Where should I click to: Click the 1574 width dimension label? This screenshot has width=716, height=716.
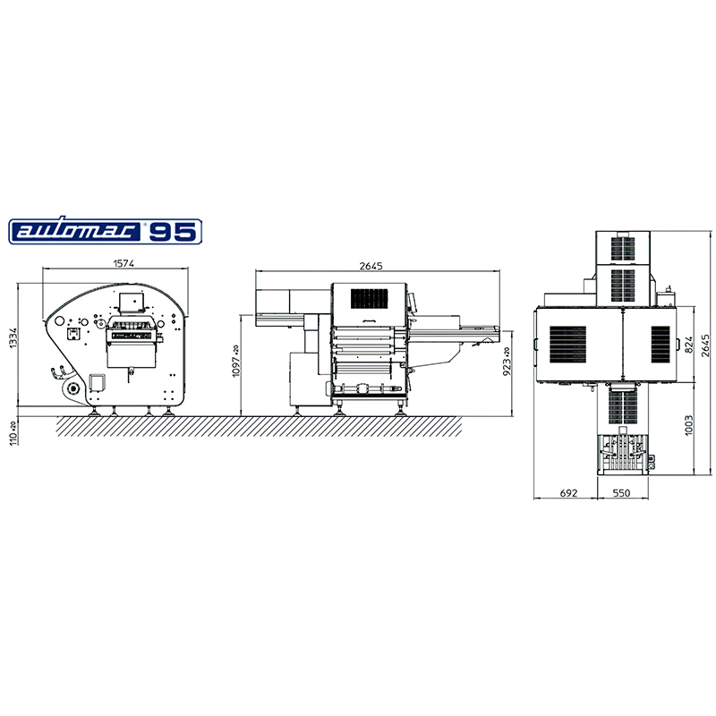tap(124, 263)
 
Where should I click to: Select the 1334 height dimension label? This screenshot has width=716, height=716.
tap(13, 337)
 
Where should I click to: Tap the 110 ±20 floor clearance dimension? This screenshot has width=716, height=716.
tap(13, 433)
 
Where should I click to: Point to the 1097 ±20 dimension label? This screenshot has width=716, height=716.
tap(235, 361)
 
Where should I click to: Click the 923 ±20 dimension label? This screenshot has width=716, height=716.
tap(507, 362)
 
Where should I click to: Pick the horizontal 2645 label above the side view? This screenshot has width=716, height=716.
tap(371, 266)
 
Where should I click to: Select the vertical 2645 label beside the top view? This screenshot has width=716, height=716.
tap(705, 345)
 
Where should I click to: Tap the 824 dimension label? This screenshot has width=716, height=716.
tap(689, 345)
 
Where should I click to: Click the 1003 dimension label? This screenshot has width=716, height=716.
tap(689, 425)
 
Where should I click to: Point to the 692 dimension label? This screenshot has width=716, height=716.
tap(568, 493)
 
